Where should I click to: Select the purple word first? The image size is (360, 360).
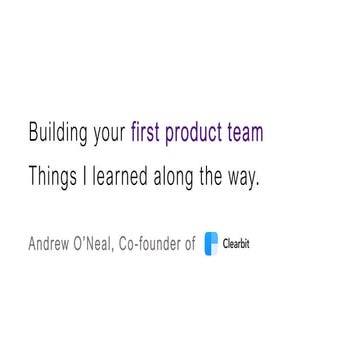coord(151,133)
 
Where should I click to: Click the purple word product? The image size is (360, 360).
coord(203,134)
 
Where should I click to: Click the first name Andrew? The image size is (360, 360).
coord(54,242)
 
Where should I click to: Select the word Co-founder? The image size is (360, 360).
coord(159,242)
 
